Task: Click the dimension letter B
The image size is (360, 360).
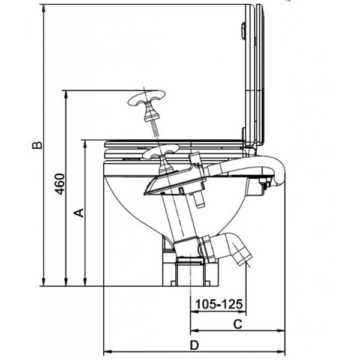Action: [37, 146]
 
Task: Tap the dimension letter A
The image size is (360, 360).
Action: [77, 212]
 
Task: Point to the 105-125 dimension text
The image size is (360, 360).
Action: [217, 304]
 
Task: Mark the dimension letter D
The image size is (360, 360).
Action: [193, 345]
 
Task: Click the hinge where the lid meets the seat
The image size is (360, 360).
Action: [252, 143]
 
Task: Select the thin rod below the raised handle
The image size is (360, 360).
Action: [154, 127]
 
